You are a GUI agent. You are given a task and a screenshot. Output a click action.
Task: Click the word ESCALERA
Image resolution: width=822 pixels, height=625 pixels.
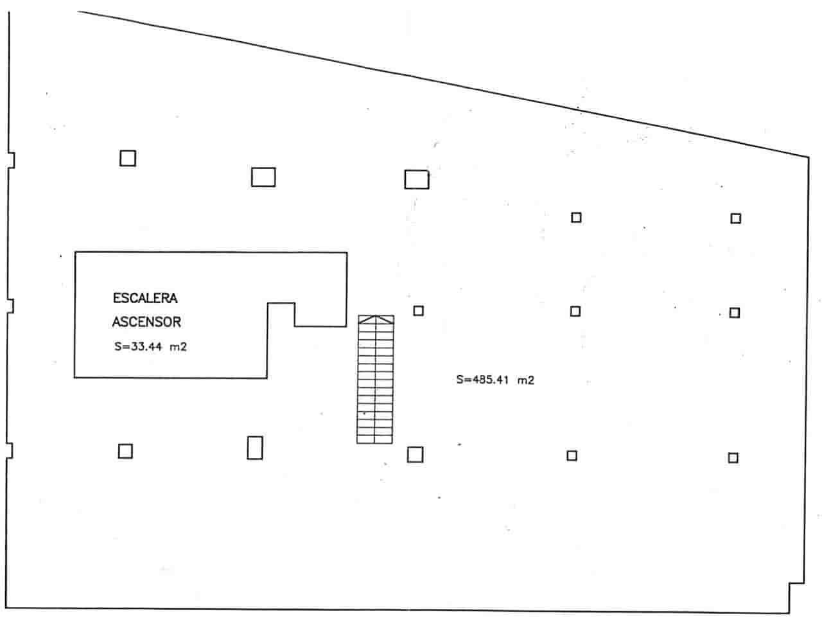[145, 298]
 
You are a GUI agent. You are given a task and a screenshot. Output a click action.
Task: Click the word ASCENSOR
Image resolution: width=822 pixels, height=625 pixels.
[146, 322]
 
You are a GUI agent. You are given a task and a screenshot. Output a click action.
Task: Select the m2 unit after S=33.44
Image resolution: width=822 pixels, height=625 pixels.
[178, 347]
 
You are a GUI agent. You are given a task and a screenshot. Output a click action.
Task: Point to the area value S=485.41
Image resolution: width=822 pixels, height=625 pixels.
[482, 380]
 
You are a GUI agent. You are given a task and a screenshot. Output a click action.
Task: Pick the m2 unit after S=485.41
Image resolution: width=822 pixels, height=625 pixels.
[526, 380]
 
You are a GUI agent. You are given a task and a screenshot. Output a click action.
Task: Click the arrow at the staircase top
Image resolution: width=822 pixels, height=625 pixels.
[376, 319]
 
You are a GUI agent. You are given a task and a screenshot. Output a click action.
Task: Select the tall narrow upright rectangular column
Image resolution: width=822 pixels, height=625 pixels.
[255, 448]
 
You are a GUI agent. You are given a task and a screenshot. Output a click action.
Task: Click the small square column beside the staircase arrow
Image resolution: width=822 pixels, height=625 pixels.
[419, 311]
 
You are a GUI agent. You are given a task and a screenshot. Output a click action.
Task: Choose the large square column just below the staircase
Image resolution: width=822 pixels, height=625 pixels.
[415, 455]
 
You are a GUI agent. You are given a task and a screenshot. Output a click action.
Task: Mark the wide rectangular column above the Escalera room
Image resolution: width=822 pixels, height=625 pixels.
[263, 177]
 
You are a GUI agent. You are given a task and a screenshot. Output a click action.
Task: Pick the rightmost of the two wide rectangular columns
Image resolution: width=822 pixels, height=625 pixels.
[417, 179]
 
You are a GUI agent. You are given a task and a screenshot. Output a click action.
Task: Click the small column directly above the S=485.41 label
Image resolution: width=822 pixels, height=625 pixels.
[575, 312]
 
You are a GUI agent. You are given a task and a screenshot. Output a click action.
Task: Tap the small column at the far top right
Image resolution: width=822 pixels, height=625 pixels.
[736, 218]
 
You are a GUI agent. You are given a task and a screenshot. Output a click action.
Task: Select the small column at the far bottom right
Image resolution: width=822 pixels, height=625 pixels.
[733, 458]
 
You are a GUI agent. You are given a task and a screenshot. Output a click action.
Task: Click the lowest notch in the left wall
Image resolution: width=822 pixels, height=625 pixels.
[10, 450]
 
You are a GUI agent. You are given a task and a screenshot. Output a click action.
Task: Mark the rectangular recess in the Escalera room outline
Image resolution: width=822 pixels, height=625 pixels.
[281, 315]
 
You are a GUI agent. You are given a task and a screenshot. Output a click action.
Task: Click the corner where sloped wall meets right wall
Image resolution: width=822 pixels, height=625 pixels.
[809, 156]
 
